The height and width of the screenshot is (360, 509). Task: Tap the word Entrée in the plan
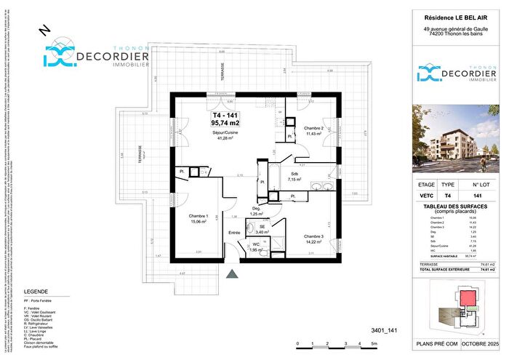[234, 232]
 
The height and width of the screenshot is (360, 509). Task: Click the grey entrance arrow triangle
[233, 275]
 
